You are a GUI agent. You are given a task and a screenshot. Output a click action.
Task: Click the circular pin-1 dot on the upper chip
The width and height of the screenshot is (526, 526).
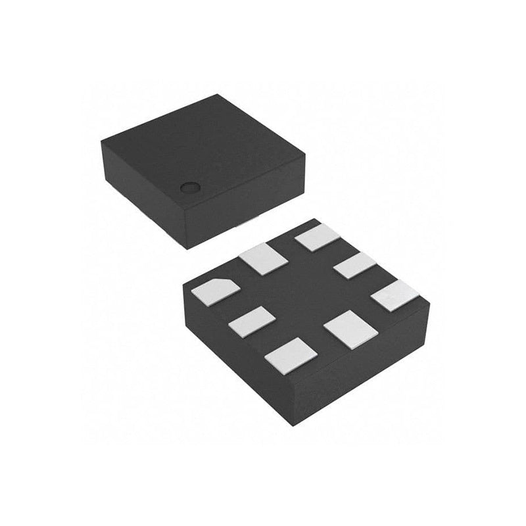tap(189, 187)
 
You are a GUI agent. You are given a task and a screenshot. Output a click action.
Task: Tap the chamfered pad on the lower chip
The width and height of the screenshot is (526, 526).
tap(216, 291)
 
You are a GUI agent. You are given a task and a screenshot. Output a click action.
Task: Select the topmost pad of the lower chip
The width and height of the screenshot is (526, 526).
tap(317, 237)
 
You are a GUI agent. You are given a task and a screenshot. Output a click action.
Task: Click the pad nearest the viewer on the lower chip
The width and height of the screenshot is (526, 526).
tap(291, 356)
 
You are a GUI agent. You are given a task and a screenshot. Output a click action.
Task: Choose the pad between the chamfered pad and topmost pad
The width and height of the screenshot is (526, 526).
tap(264, 258)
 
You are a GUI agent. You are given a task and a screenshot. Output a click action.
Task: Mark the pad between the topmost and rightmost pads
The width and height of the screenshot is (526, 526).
tap(355, 265)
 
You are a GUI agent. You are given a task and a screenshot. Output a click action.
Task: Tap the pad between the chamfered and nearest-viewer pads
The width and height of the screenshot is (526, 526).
tap(252, 322)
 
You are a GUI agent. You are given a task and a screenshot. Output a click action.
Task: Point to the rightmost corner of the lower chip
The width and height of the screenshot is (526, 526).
tap(429, 304)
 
